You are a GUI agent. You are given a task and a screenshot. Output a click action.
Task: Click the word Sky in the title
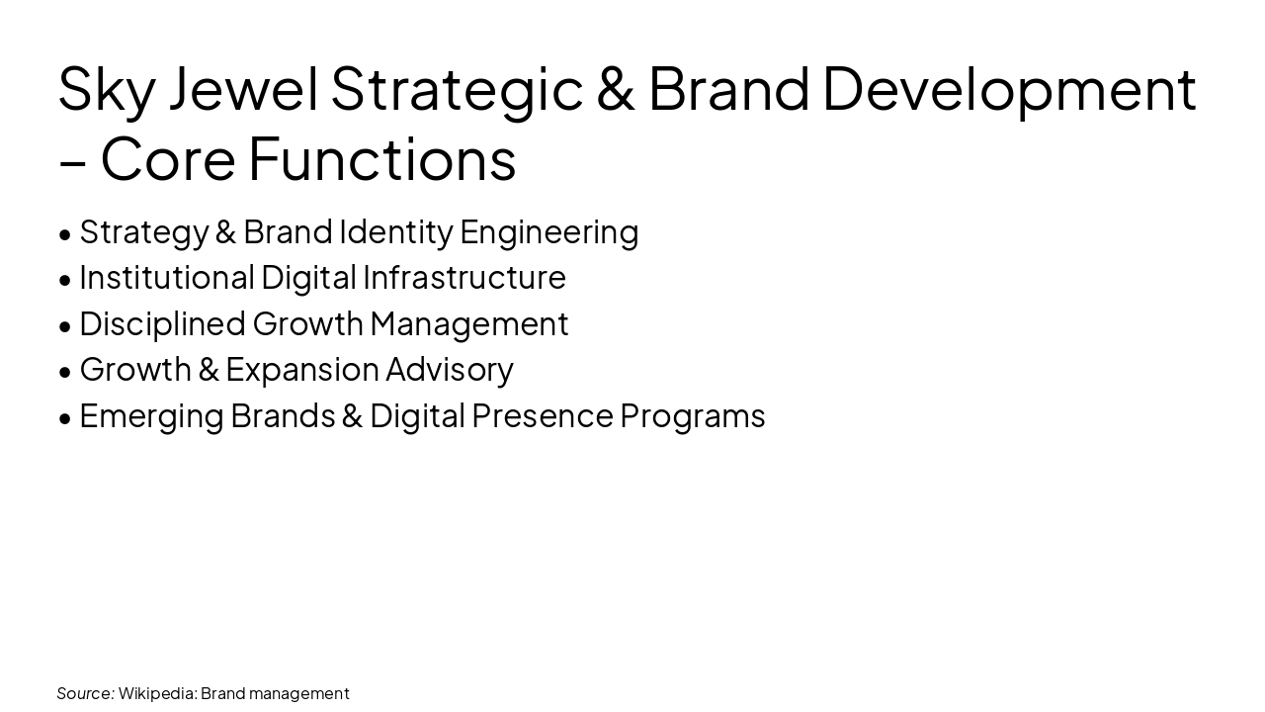point(106,89)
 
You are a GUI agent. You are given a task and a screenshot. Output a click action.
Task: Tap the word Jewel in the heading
point(243,89)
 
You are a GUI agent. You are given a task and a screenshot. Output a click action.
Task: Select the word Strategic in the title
point(457,89)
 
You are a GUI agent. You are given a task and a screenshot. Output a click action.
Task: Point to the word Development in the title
point(1009,89)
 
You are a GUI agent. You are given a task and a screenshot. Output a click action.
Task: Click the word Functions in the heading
point(381,159)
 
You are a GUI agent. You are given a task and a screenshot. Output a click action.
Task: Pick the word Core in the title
point(168,159)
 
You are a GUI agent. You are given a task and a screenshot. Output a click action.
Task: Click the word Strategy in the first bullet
point(143,232)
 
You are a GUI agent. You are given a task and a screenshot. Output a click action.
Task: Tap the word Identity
point(395,232)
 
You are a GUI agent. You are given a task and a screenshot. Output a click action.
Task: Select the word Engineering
point(549,232)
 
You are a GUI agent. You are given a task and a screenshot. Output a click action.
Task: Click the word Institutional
point(166,278)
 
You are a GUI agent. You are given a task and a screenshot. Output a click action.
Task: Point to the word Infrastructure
point(464,278)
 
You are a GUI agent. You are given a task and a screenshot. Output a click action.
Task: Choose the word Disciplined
point(162,324)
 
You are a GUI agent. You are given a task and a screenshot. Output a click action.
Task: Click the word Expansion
point(302,370)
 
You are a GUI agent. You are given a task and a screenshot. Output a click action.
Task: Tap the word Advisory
point(450,370)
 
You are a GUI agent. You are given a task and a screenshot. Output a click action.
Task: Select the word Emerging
point(151,416)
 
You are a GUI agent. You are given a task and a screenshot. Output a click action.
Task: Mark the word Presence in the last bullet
point(542,416)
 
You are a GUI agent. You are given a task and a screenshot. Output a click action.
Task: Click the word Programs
point(693,416)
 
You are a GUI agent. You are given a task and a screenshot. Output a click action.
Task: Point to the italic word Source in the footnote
point(85,693)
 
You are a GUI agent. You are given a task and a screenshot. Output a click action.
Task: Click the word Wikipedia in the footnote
point(157,693)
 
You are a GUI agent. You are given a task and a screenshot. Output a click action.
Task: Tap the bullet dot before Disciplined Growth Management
point(65,326)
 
